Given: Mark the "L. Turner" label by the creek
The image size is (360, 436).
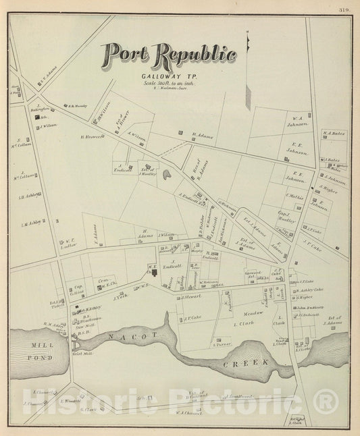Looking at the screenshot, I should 223,344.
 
